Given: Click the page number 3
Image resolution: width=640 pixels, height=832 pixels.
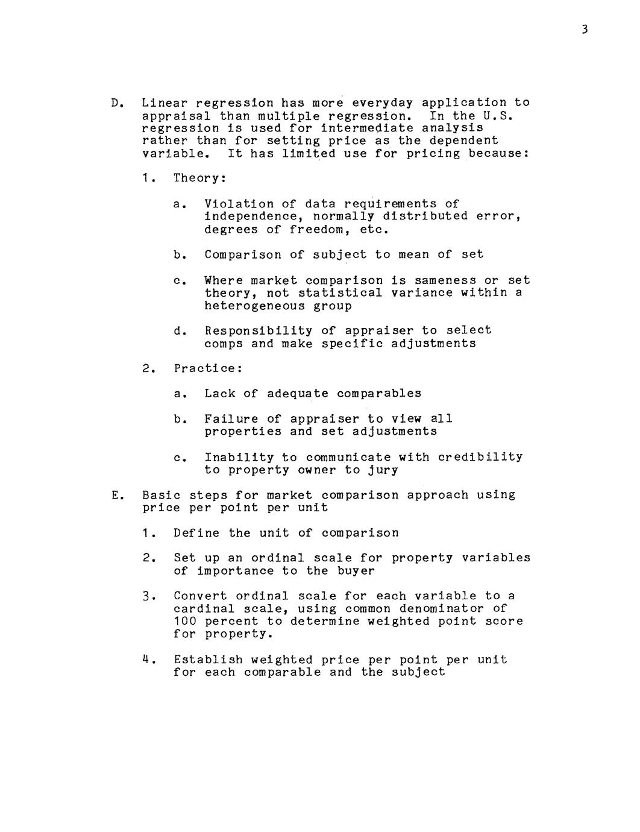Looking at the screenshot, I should point(585,29).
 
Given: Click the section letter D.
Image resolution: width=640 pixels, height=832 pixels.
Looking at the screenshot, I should point(115,103).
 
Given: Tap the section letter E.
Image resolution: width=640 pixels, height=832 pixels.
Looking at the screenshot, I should point(115,496).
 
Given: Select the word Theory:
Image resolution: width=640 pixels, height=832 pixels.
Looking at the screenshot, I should point(199,178).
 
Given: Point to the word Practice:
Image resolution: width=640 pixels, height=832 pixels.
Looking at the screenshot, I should point(208,368).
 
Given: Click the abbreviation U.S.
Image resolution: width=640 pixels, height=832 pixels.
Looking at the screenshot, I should point(497,116).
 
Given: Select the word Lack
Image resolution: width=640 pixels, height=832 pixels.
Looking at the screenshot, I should point(219,394).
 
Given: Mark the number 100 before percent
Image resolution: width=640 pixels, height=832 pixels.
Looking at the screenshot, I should point(185,621).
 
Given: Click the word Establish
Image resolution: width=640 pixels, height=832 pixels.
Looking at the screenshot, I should point(208,660).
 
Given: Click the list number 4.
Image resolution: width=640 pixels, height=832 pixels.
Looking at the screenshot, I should point(146,660).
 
